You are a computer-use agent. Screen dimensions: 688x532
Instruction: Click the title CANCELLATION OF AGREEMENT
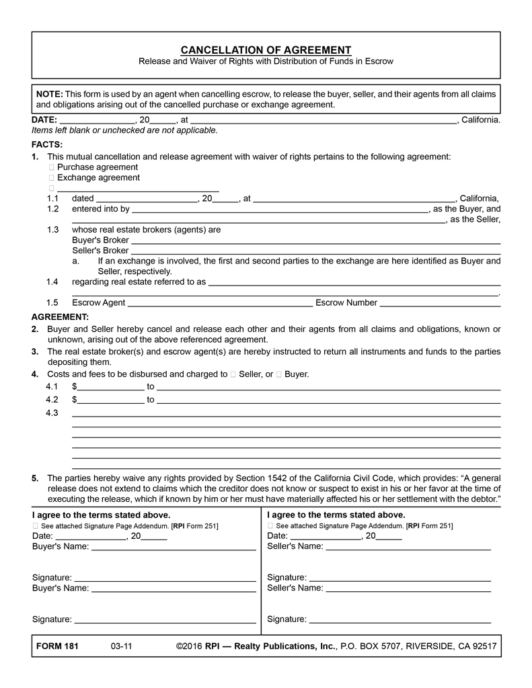coord(266,50)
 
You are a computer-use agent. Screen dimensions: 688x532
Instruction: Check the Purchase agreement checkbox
coord(51,167)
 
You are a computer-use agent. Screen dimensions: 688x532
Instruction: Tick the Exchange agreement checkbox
coord(51,178)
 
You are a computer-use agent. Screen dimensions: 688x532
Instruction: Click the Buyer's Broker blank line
coord(315,240)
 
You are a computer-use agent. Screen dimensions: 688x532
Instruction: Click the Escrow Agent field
coord(220,303)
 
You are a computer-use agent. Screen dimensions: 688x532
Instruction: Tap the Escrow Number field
coord(440,303)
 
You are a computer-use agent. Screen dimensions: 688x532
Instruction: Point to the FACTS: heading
coord(47,144)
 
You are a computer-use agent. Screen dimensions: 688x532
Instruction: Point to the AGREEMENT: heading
coord(60,316)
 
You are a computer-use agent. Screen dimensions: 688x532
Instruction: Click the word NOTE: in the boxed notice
coord(50,94)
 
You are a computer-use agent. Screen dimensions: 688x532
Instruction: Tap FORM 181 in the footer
coord(57,646)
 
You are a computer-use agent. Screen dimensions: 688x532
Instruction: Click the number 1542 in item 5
coord(282,478)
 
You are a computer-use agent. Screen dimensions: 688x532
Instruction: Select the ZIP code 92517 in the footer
coord(484,646)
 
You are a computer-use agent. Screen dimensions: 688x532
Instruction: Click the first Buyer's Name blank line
coord(173,547)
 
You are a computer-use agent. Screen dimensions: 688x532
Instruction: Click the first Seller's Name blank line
coord(408,547)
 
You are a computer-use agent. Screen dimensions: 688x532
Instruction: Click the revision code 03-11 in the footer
coord(122,646)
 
